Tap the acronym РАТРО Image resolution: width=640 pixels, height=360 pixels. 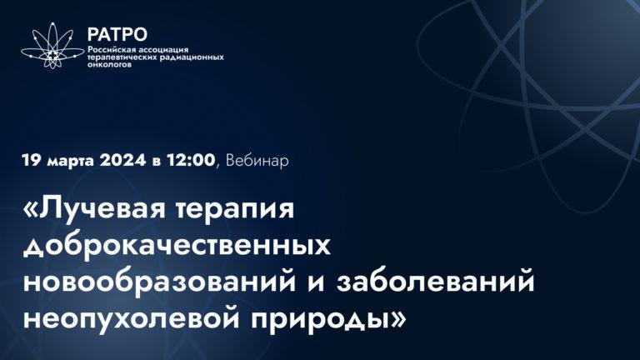(x=117, y=34)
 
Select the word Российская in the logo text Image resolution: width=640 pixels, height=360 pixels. (x=114, y=48)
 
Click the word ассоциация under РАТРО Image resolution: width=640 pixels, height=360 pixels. (x=168, y=48)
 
